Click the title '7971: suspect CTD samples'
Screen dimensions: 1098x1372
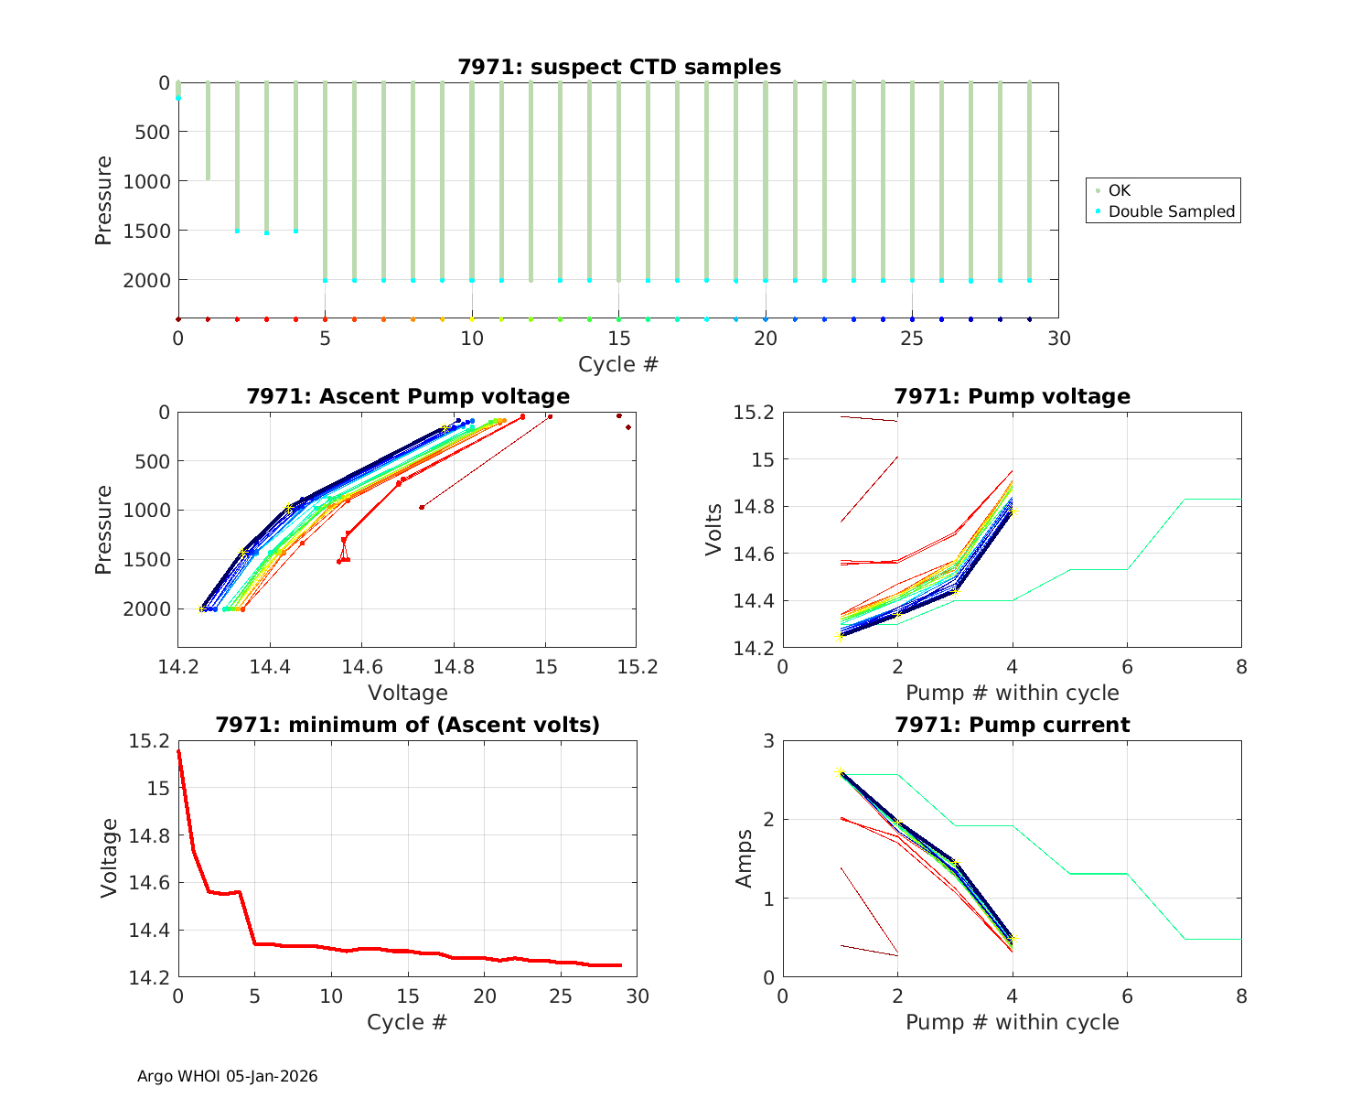[619, 67]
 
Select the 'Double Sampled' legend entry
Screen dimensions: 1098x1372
[1171, 211]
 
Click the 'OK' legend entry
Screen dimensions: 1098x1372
[1119, 190]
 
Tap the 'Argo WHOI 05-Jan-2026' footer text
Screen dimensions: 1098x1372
[227, 1076]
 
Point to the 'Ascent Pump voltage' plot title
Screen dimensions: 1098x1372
[408, 396]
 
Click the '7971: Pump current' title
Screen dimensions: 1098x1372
[1012, 725]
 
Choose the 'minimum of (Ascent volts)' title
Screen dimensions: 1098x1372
[408, 725]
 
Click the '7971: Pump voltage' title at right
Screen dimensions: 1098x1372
[1012, 396]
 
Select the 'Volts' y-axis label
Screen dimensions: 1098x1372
[713, 530]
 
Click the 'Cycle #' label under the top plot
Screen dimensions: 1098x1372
[618, 364]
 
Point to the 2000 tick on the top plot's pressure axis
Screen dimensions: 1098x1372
[146, 280]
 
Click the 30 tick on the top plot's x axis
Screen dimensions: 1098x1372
[1058, 339]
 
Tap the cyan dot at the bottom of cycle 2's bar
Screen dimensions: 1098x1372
[237, 231]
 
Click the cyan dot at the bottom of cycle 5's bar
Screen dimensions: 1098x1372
[325, 280]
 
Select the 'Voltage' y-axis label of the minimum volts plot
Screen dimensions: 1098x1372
[110, 858]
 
